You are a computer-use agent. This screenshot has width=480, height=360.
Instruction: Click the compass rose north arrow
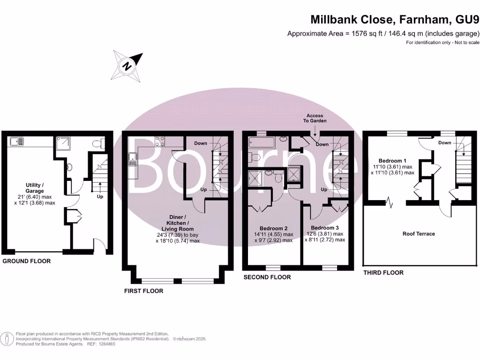127,65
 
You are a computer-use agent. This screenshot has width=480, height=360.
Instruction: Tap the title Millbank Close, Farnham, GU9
395,19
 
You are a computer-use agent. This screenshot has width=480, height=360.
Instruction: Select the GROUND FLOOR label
27,261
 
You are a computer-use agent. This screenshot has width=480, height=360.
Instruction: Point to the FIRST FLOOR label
143,291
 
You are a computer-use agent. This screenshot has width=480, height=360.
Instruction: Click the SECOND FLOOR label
267,277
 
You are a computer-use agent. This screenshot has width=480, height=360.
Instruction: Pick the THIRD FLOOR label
383,272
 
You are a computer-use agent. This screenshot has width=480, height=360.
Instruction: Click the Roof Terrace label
419,233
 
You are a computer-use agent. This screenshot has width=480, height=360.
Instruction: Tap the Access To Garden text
315,118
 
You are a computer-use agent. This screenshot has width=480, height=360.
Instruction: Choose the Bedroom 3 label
324,228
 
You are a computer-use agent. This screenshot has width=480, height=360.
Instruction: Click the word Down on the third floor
444,142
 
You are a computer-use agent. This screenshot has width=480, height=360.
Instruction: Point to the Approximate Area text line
383,33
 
